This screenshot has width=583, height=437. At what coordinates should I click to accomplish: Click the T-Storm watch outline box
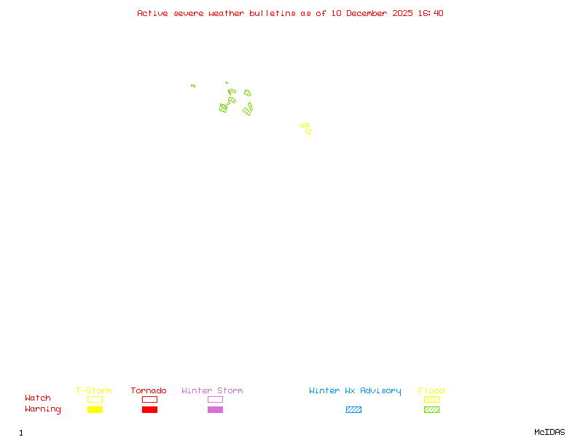(x=95, y=399)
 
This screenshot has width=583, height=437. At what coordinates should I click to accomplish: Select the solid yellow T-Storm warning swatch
(x=95, y=410)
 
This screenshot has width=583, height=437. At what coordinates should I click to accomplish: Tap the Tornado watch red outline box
(x=149, y=399)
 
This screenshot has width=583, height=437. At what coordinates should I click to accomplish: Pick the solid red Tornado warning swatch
(x=149, y=410)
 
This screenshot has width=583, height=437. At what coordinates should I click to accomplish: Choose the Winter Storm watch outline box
(x=215, y=399)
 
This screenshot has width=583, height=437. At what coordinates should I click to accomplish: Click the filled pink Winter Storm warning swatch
(x=215, y=410)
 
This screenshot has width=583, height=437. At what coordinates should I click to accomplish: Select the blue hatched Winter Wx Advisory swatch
(x=353, y=410)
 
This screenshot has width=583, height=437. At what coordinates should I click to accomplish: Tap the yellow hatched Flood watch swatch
(x=431, y=399)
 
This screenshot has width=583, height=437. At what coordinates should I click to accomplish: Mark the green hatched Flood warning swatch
(x=431, y=410)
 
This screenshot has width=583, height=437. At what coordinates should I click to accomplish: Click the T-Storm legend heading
(x=94, y=390)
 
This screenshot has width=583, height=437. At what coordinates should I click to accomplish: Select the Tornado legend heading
(x=149, y=390)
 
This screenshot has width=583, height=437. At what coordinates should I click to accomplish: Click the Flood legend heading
(x=431, y=390)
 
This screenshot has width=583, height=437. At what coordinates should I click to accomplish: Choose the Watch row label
(x=38, y=398)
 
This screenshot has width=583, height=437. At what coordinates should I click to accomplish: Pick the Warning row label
(x=43, y=409)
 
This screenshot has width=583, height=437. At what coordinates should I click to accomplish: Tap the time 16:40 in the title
(x=429, y=13)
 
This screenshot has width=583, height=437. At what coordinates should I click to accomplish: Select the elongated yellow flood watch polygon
(x=305, y=125)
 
